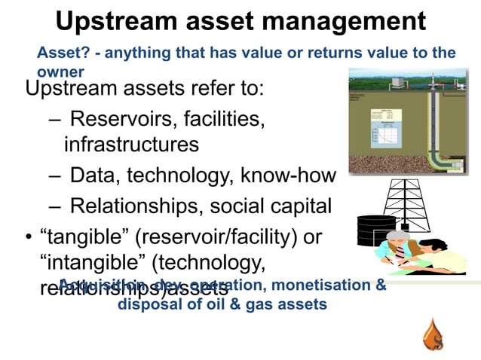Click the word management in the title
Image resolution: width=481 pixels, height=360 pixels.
pyautogui.click(x=342, y=20)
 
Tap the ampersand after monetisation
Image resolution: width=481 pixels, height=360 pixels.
pyautogui.click(x=381, y=285)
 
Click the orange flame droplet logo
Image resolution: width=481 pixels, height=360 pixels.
pyautogui.click(x=434, y=335)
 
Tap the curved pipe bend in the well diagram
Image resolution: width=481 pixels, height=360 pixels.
pyautogui.click(x=437, y=157)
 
